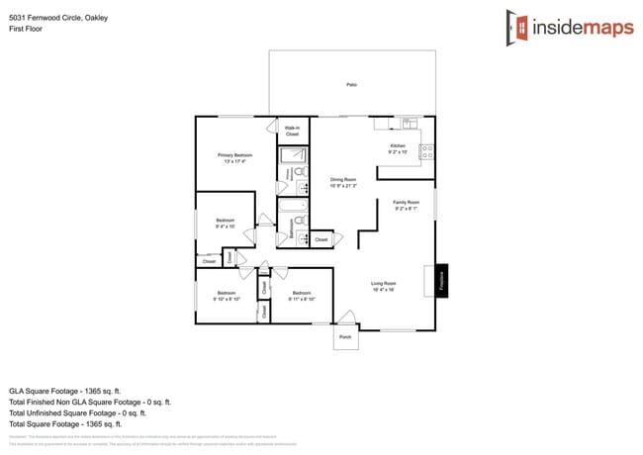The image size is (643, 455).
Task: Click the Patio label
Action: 351,85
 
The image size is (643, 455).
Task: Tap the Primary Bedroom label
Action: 235,158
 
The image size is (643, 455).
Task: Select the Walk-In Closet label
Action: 293,131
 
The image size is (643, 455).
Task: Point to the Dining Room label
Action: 343,182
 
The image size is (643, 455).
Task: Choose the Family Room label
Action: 407,205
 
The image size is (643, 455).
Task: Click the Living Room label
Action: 383,287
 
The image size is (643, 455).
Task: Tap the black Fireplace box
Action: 442,279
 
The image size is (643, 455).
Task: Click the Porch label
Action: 345,337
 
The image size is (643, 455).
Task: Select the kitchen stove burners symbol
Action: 427,151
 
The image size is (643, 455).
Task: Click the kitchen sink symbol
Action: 407,123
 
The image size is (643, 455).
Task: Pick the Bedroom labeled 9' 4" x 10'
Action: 225,224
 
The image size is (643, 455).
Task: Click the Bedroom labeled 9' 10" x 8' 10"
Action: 227,295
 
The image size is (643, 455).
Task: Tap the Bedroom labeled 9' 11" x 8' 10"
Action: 302,295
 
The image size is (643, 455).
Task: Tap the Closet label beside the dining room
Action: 321,239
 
